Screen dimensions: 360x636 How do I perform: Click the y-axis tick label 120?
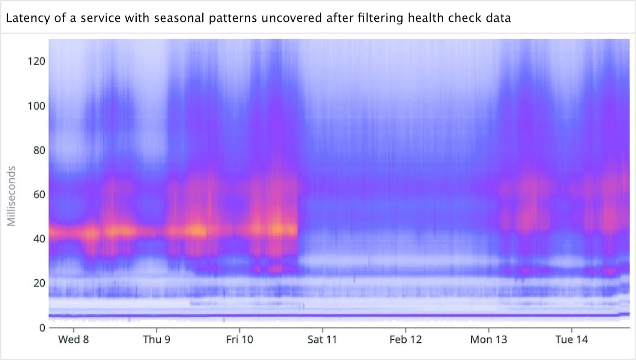pyautogui.click(x=36, y=61)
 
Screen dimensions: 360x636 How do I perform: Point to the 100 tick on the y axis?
pyautogui.click(x=36, y=106)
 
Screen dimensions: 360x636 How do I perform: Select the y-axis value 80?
pyautogui.click(x=39, y=150)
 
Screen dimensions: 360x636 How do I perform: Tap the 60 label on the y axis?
pyautogui.click(x=39, y=194)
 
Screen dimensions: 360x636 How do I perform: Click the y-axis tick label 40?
pyautogui.click(x=39, y=239)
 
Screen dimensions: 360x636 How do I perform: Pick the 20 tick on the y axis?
pyautogui.click(x=39, y=283)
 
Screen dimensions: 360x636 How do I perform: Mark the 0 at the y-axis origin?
pyautogui.click(x=42, y=328)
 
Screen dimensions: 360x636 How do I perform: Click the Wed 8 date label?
pyautogui.click(x=73, y=340)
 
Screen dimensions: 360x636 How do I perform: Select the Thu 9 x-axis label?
pyautogui.click(x=157, y=340)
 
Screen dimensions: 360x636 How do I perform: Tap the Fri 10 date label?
pyautogui.click(x=240, y=340)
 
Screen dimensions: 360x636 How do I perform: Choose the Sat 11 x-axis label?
pyautogui.click(x=322, y=340)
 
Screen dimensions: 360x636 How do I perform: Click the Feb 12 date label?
pyautogui.click(x=405, y=340)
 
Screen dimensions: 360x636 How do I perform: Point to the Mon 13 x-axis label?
pyautogui.click(x=488, y=340)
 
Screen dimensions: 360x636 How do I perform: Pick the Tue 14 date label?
pyautogui.click(x=571, y=340)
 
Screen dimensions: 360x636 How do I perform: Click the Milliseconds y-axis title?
pyautogui.click(x=12, y=196)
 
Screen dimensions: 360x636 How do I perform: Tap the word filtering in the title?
pyautogui.click(x=380, y=18)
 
